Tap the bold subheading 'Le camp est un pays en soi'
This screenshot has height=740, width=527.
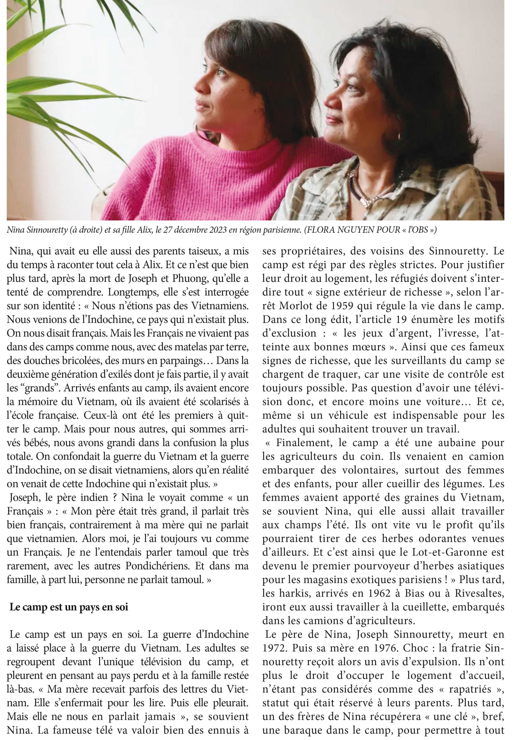pyautogui.click(x=69, y=607)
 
